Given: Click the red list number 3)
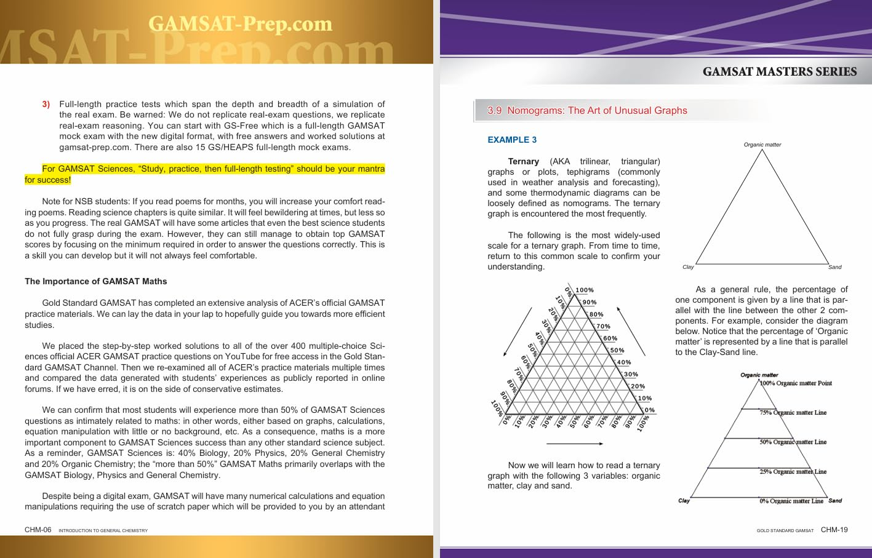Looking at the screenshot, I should (46, 104).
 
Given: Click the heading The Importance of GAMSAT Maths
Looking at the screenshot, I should (95, 281).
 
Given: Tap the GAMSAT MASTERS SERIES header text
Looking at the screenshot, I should (779, 72).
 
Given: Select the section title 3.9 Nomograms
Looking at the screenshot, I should (587, 111).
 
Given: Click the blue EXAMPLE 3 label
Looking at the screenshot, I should (511, 140).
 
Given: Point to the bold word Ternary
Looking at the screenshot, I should (523, 161).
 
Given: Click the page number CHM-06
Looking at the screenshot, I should (38, 530).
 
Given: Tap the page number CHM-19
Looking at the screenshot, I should (834, 530).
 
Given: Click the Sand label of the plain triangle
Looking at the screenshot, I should (834, 267).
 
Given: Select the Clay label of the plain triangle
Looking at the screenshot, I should (688, 267).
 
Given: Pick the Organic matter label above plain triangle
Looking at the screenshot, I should (762, 145).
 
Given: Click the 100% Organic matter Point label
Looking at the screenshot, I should (796, 383).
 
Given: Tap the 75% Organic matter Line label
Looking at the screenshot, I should (793, 413).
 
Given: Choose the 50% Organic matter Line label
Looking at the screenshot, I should (793, 442).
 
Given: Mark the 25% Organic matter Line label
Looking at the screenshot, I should (793, 472).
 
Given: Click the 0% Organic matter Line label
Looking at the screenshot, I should (791, 501).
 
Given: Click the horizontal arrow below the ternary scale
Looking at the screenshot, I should (574, 444).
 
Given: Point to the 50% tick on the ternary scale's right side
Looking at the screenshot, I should (617, 351).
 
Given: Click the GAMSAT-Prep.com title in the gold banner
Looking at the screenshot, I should (240, 25).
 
